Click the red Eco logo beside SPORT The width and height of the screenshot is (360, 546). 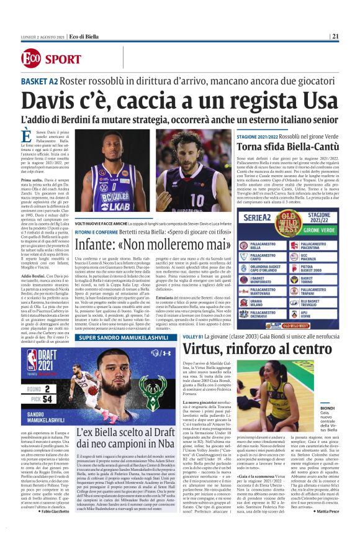point(30,58)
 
